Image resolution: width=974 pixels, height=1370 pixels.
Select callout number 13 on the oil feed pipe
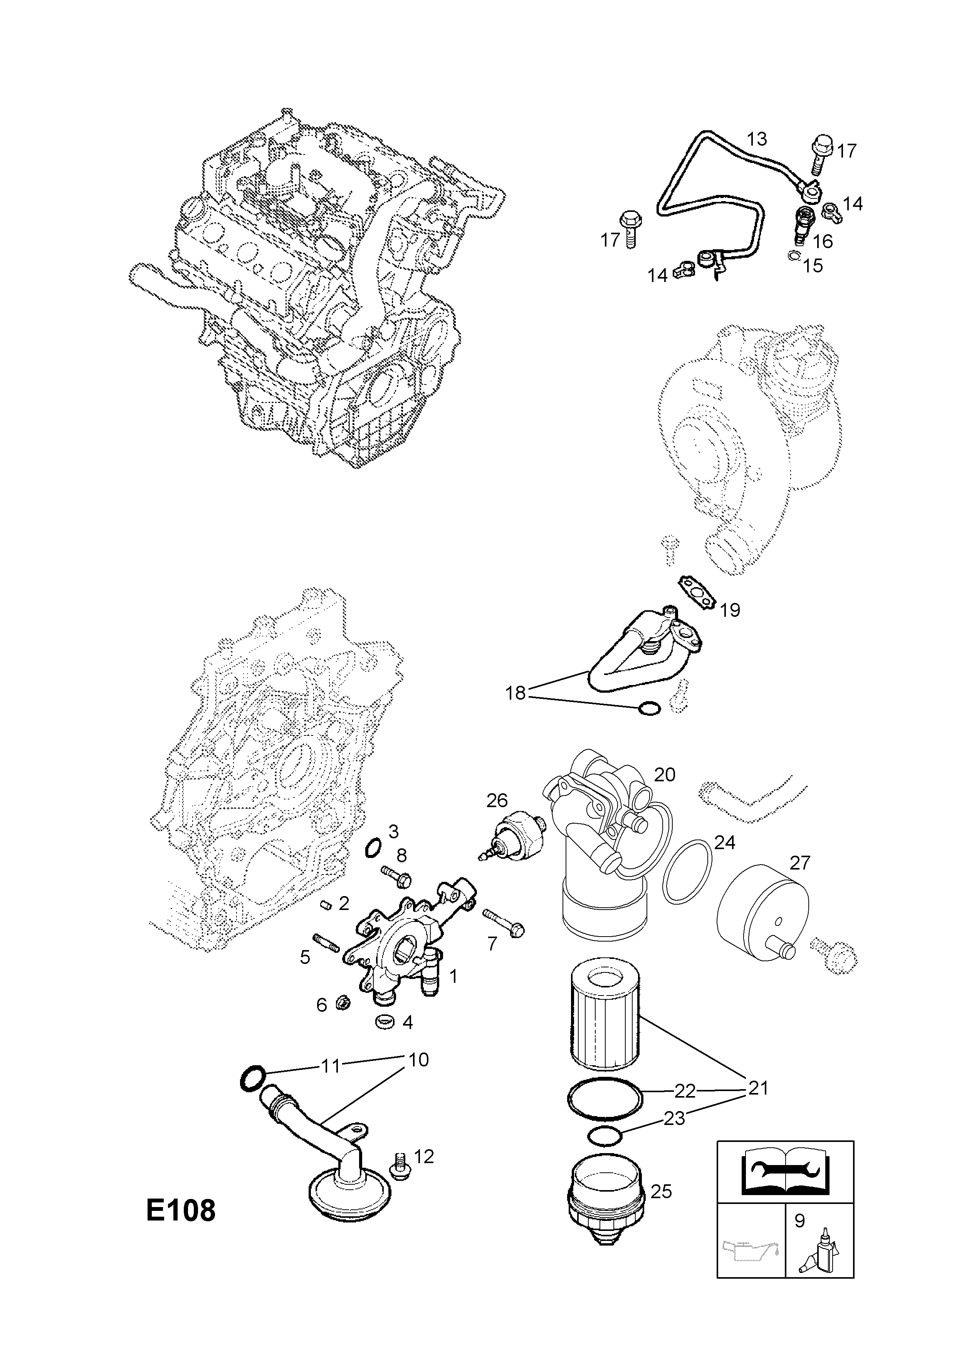[x=757, y=139]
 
